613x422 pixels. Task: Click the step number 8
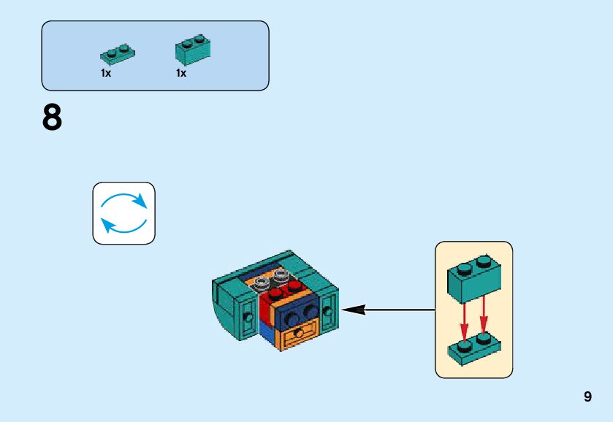pyautogui.click(x=52, y=118)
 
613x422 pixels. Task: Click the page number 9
pyautogui.click(x=587, y=396)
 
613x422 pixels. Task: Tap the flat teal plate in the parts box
pyautogui.click(x=118, y=54)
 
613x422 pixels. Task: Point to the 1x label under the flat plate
pyautogui.click(x=106, y=73)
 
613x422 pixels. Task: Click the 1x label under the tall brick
pyautogui.click(x=181, y=73)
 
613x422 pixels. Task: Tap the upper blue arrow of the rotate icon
pyautogui.click(x=124, y=200)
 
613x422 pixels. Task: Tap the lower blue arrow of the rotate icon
pyautogui.click(x=123, y=226)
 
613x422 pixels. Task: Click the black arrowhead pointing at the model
pyautogui.click(x=354, y=310)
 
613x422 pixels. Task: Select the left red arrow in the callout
pyautogui.click(x=464, y=321)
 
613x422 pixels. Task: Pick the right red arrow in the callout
pyautogui.click(x=484, y=315)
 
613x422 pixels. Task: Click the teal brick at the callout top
pyautogui.click(x=474, y=279)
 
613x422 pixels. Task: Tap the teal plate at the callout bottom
pyautogui.click(x=475, y=349)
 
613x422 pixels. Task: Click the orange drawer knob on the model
pyautogui.click(x=299, y=334)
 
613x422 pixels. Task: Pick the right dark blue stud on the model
pyautogui.click(x=311, y=311)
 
